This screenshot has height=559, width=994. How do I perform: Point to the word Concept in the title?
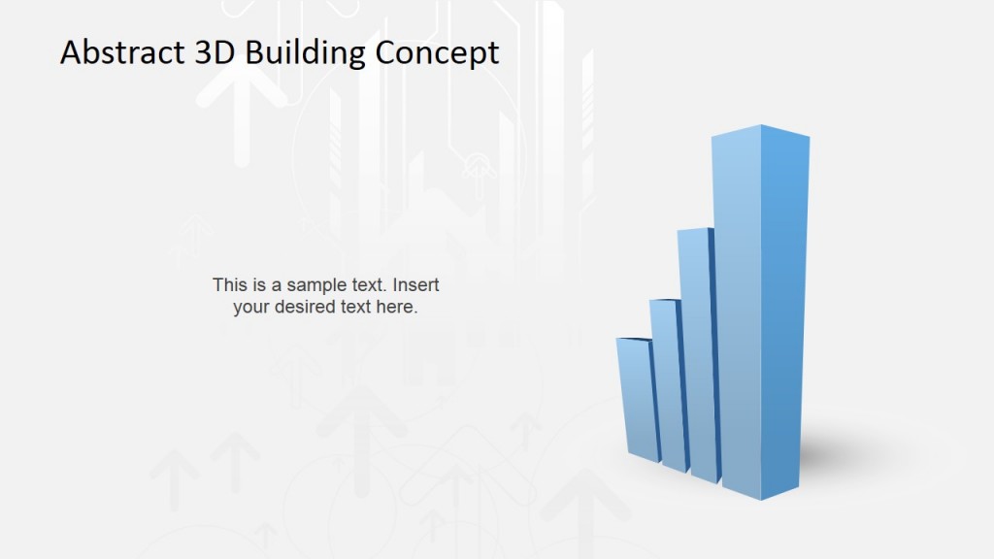point(437,52)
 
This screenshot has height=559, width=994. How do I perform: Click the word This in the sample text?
point(229,285)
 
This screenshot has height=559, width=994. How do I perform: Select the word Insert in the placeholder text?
point(416,285)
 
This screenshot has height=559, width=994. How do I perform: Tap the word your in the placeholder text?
point(250,308)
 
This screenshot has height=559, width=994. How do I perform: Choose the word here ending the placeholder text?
point(398,308)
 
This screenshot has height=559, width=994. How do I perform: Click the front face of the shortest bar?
point(637,398)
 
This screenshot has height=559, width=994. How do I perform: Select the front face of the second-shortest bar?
point(669,383)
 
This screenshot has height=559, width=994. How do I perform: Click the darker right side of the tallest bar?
point(784,311)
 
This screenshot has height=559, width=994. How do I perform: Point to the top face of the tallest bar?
point(761,131)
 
